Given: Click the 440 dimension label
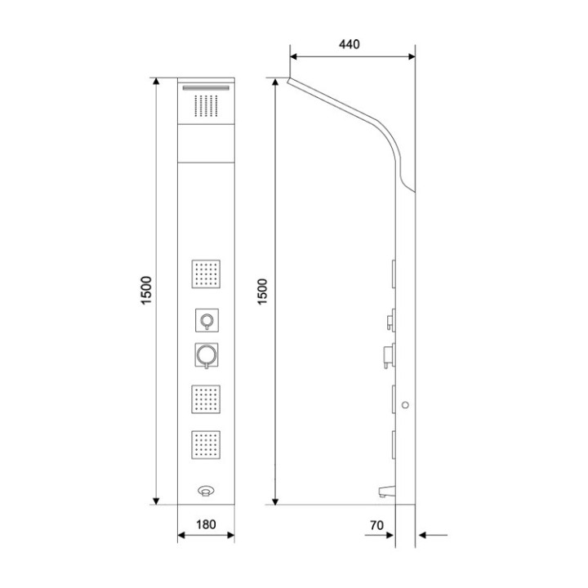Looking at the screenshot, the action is click(350, 44).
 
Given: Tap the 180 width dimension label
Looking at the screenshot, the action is click(206, 524).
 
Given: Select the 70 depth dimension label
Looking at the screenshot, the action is click(376, 525).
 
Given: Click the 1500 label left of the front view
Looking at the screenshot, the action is click(146, 290).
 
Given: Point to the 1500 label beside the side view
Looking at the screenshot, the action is click(262, 292).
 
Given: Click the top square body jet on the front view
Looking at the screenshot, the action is click(206, 274).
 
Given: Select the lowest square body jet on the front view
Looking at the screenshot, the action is click(206, 445).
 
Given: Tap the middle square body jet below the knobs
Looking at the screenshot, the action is click(206, 399).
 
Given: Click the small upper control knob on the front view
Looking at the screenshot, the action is click(207, 320).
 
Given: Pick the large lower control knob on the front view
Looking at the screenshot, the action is click(207, 354).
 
